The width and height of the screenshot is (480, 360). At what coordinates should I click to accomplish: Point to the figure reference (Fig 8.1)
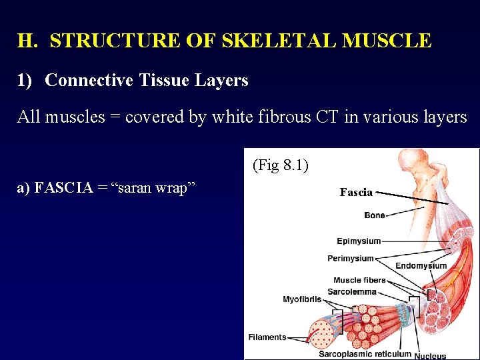[x=280, y=165]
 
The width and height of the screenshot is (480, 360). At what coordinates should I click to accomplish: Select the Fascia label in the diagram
[x=355, y=192]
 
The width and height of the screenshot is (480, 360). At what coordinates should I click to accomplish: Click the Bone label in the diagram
[x=375, y=215]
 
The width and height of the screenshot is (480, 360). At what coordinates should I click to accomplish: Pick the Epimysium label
[x=359, y=241]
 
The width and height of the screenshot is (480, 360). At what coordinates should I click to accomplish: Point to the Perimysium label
[x=351, y=259]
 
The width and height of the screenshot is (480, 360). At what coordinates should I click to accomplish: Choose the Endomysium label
[x=421, y=266]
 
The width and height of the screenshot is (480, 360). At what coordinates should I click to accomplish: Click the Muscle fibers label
[x=359, y=281]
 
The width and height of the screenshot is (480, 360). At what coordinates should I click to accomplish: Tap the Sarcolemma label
[x=352, y=291]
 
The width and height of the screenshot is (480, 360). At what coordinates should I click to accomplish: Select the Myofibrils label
[x=302, y=300]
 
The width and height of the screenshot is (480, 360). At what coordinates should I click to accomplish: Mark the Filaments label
[x=267, y=337]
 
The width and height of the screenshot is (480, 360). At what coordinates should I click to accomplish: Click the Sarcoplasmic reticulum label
[x=365, y=354]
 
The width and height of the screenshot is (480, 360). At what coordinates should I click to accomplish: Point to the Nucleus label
[x=430, y=355]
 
